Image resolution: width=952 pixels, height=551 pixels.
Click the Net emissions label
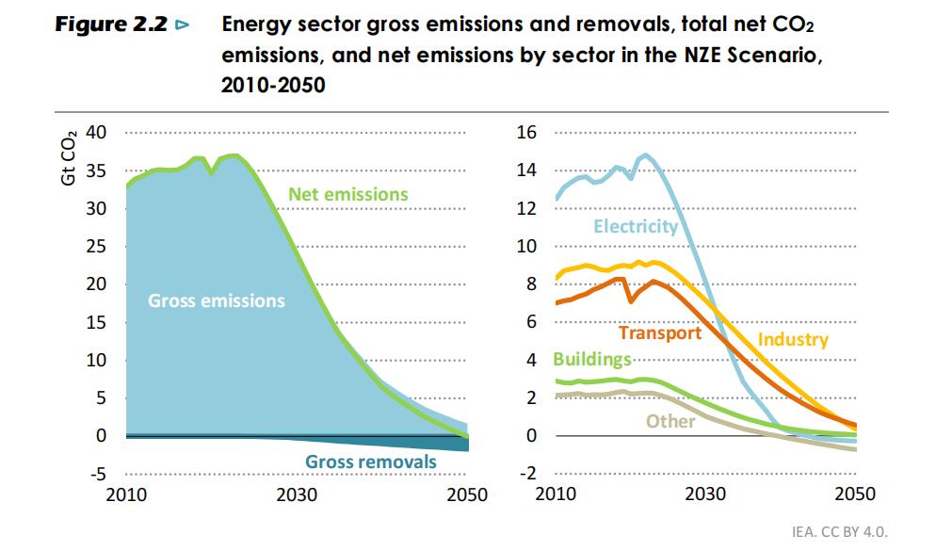pos(348,194)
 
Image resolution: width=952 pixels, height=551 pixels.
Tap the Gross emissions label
pos(216,301)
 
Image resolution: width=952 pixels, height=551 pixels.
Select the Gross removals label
pos(371,462)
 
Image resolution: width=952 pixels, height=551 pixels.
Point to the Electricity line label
pos(636,226)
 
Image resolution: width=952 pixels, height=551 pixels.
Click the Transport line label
pos(660,332)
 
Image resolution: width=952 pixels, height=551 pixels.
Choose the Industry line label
pos(793,339)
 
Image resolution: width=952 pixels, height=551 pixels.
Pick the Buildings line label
pos(591,359)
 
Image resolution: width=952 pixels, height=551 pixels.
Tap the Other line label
pos(670,421)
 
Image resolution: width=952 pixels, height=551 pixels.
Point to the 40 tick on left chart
pos(96,132)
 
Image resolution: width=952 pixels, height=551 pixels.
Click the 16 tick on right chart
pos(526,132)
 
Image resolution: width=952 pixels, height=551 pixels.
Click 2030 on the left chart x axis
pos(297,494)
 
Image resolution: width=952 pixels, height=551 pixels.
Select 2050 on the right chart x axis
pos(855,494)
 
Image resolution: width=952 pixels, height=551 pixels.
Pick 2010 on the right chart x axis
pos(556,494)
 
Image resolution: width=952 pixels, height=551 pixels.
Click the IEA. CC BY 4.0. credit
pos(839,532)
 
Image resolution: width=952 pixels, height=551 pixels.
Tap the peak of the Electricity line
pos(645,155)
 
